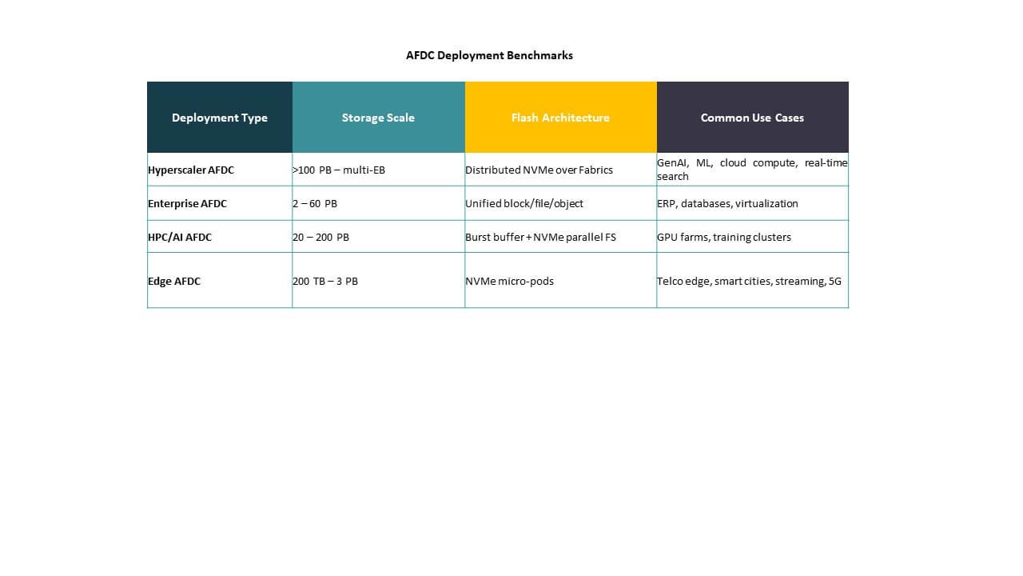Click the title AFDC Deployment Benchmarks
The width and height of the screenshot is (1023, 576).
(x=489, y=55)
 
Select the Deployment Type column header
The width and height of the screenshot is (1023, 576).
(x=220, y=118)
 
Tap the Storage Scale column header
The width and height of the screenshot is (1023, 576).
(x=378, y=118)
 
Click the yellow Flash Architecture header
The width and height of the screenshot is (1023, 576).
(x=560, y=118)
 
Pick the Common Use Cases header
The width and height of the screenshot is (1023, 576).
(x=752, y=118)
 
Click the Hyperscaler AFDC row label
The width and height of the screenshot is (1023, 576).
(x=191, y=170)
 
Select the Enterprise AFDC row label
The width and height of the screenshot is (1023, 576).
(x=188, y=203)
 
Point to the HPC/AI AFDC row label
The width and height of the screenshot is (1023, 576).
(x=180, y=237)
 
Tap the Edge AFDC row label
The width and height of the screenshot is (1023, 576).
(x=174, y=281)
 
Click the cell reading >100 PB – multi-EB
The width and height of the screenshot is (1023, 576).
(x=339, y=170)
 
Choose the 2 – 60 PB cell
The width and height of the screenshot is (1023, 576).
(x=315, y=203)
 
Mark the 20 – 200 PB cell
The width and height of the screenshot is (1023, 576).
(x=320, y=237)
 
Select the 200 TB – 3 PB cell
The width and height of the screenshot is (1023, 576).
(x=325, y=281)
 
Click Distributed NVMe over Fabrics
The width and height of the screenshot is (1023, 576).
(x=539, y=170)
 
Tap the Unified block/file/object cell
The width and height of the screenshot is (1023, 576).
(x=524, y=203)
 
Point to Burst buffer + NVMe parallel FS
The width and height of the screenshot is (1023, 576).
(x=540, y=237)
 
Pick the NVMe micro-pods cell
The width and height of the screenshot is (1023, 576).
(x=509, y=281)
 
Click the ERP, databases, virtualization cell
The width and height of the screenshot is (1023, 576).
(x=727, y=203)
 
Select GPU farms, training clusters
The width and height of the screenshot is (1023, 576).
(x=724, y=237)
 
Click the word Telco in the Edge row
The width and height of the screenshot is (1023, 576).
(x=670, y=281)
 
